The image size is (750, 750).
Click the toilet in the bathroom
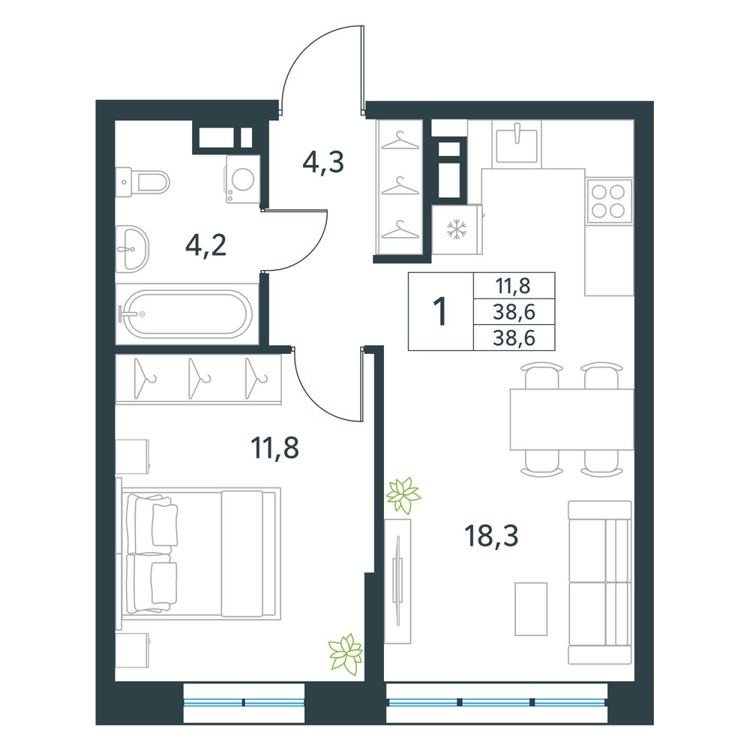click(142, 181)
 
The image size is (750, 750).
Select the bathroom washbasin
click(133, 249)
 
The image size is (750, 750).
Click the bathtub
click(187, 313)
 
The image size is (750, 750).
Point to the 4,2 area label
click(205, 246)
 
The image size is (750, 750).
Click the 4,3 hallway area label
click(323, 162)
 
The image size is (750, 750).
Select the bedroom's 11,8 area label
click(274, 448)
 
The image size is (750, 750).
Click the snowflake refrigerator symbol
click(457, 229)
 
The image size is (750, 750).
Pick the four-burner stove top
click(609, 201)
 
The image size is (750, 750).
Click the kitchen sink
click(517, 143)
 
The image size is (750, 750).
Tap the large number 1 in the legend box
click(439, 311)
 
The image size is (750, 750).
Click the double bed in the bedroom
click(201, 553)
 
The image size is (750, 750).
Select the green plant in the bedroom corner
click(345, 653)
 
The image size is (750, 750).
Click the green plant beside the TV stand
click(403, 495)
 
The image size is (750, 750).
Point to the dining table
click(571, 419)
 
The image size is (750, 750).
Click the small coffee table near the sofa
click(530, 609)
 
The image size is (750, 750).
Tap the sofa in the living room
click(600, 582)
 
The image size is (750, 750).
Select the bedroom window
click(244, 703)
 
